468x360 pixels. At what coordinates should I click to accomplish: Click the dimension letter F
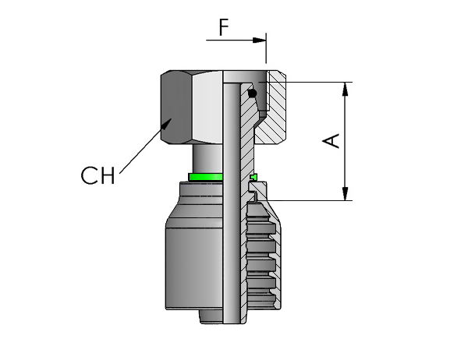tap(224, 27)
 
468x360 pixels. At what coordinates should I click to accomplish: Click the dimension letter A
tap(331, 141)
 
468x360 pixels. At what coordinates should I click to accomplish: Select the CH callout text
tap(97, 175)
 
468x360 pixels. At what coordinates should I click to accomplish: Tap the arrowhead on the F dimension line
tap(259, 40)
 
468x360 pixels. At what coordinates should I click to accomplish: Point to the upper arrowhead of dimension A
tap(345, 89)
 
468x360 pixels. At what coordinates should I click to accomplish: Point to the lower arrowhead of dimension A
tap(345, 193)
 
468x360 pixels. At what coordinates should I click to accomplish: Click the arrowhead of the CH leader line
tap(167, 123)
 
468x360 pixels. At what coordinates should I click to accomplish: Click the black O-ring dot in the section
tap(253, 94)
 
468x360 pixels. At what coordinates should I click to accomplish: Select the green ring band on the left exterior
tap(205, 177)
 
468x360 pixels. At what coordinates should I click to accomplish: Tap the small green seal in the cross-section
tap(253, 177)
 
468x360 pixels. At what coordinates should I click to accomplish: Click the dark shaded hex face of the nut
tap(176, 108)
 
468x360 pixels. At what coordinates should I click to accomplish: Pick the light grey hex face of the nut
tap(207, 108)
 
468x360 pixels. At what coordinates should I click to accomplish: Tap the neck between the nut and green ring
tap(207, 159)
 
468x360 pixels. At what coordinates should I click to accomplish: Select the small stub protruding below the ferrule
tap(211, 316)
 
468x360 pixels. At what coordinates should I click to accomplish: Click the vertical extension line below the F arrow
tap(266, 48)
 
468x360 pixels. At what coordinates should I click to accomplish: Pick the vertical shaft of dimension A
tap(345, 141)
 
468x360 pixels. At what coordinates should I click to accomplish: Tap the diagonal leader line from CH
tap(144, 148)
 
